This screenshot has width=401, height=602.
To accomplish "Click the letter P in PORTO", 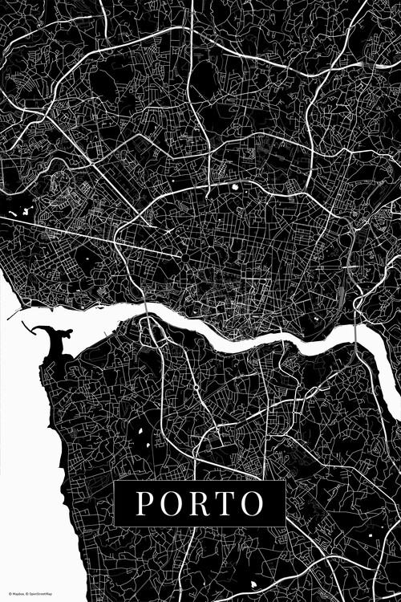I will pyautogui.click(x=145, y=503).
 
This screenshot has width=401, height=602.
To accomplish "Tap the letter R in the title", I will pyautogui.click(x=198, y=503).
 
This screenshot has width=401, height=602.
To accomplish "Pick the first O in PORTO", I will pyautogui.click(x=171, y=503).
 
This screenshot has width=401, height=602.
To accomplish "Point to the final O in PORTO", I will pyautogui.click(x=251, y=503).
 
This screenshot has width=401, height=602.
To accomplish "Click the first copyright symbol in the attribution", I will pyautogui.click(x=10, y=593).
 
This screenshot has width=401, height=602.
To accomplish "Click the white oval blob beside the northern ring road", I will pyautogui.click(x=236, y=188).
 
